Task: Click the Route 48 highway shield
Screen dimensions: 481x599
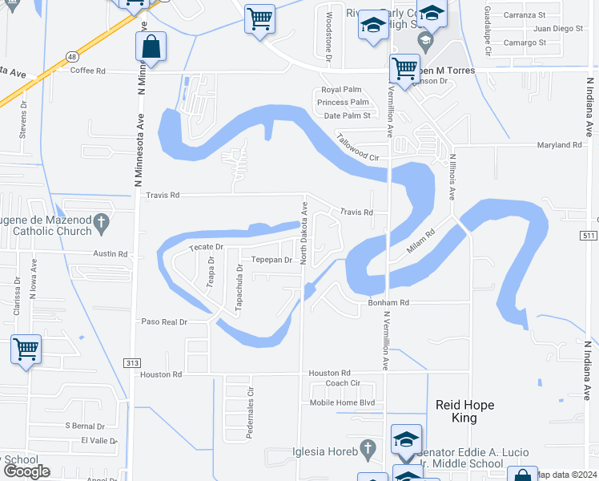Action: (72, 57)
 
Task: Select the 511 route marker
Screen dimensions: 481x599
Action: (589, 236)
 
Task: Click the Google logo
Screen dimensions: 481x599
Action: (26, 471)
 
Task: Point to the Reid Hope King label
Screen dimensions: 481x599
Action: (466, 411)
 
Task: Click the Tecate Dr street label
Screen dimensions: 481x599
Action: (205, 248)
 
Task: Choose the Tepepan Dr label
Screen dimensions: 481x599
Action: (270, 260)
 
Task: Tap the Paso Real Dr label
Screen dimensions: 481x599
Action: (163, 321)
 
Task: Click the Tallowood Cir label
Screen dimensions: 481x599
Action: (356, 148)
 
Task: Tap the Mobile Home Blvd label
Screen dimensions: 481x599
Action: (342, 402)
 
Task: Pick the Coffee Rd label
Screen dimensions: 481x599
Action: (88, 71)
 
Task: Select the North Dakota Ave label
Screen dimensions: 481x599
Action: (304, 232)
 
